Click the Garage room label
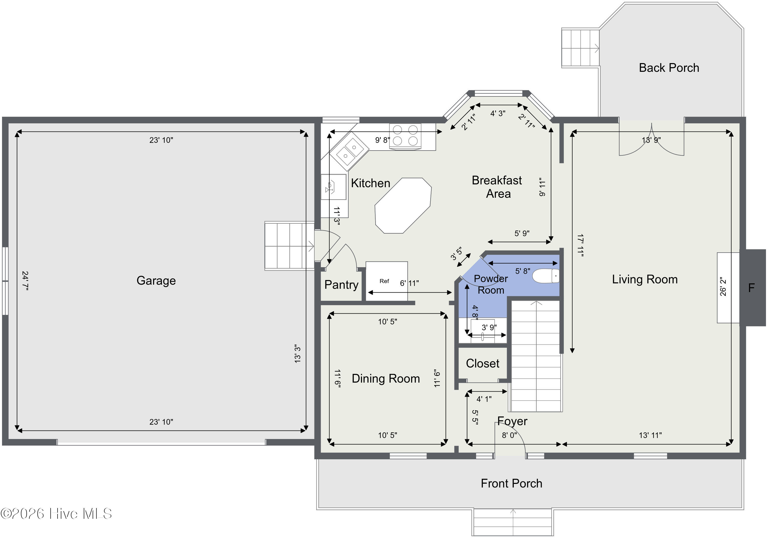point(156,280)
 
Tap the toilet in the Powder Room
point(546,276)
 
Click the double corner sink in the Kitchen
point(349,151)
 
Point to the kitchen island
point(403,205)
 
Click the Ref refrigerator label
point(384,281)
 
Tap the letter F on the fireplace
point(751,287)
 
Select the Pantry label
point(341,285)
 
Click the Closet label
point(482,363)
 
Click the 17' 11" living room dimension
point(580,246)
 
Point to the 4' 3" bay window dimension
point(498,114)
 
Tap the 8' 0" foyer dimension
point(509,435)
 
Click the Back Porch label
point(669,68)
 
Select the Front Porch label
point(511,483)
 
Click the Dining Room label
point(386,378)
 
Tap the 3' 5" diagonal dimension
point(456,254)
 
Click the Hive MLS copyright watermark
point(56,514)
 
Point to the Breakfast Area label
point(497,187)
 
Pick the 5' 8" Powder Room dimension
point(522,271)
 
